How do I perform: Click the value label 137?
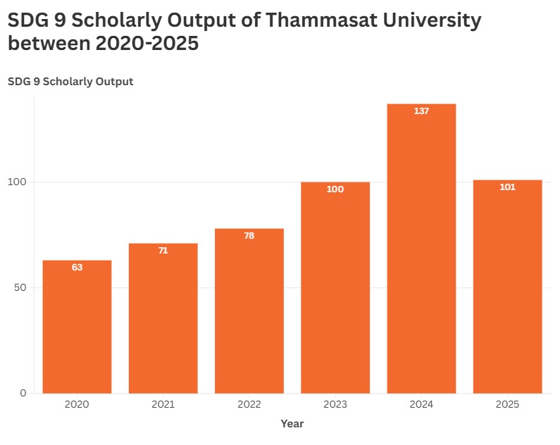tap(421, 111)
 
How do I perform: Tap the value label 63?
tap(77, 268)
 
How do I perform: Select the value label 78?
tap(249, 236)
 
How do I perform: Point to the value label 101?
tap(507, 187)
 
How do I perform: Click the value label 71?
tap(163, 251)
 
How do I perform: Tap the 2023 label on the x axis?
tap(335, 405)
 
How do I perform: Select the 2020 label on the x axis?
tap(77, 405)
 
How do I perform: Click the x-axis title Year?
tap(292, 424)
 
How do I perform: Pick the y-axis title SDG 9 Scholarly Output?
tap(70, 82)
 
